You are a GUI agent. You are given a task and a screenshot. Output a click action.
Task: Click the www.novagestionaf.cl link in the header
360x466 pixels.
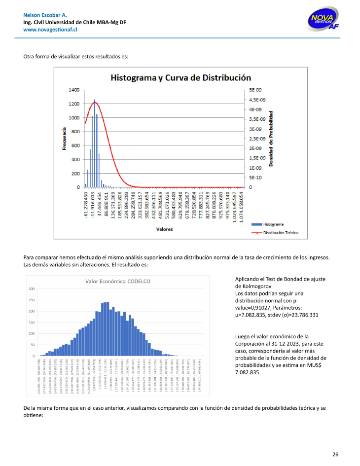point(51,30)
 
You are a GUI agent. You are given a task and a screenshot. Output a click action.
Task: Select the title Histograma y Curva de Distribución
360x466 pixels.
point(180,78)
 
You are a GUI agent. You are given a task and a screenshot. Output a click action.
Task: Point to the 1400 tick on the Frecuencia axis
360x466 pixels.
point(74,90)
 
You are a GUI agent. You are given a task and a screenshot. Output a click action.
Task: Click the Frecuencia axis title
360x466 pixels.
point(64,138)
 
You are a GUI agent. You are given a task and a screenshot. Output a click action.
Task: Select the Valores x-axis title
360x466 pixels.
point(164,229)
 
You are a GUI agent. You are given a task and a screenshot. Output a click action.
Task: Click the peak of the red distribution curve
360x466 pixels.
point(95,103)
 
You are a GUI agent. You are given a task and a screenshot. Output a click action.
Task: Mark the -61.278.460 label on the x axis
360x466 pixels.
point(86,205)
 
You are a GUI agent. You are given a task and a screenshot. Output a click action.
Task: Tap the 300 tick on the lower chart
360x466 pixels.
point(31,288)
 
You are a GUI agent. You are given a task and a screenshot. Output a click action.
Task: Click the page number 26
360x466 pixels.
point(335,454)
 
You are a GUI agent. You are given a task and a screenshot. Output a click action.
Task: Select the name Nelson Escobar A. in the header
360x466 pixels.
point(45,16)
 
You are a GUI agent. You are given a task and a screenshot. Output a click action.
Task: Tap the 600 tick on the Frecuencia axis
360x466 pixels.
point(75,145)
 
